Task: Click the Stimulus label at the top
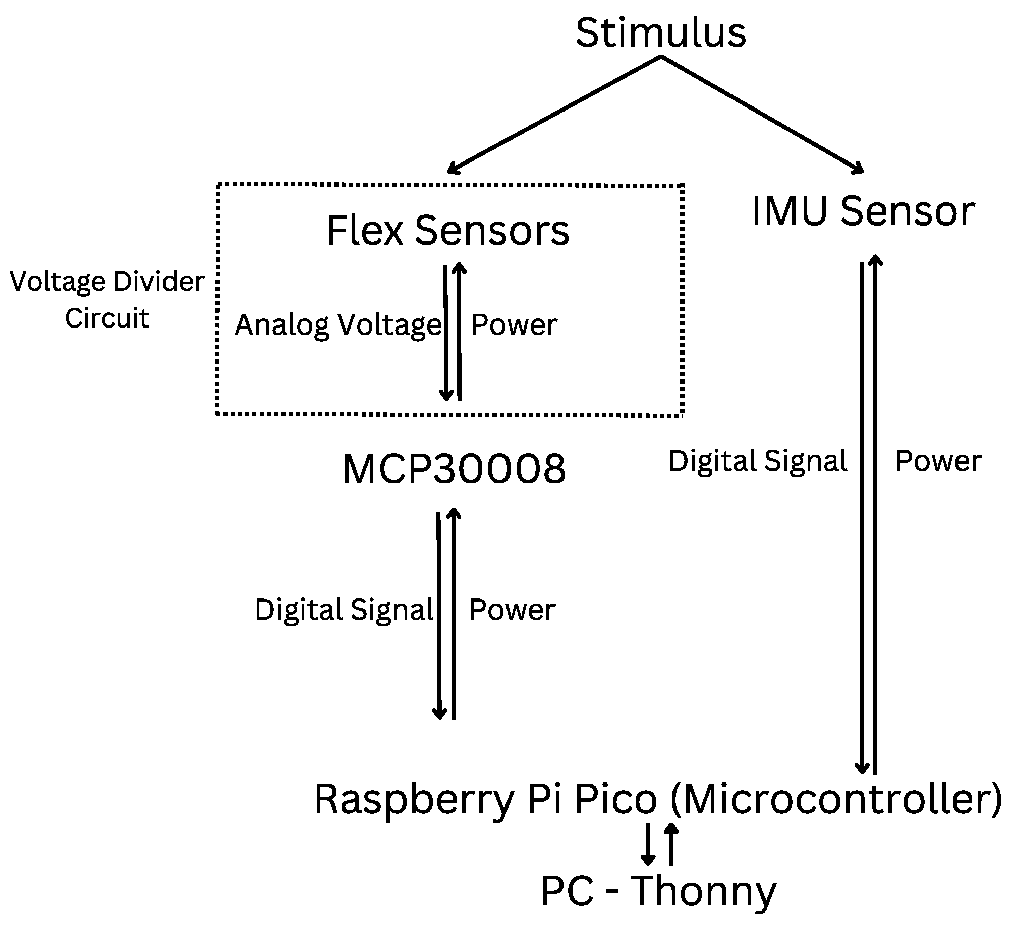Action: [x=661, y=33]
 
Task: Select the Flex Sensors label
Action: [x=448, y=230]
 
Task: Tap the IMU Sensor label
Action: [x=863, y=211]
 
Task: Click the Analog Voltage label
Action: [x=338, y=324]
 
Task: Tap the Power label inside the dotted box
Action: [x=514, y=324]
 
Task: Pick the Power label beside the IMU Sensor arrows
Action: [x=938, y=461]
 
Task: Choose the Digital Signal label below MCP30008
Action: [x=344, y=610]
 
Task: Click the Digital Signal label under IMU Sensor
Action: [x=758, y=461]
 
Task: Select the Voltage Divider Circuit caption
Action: [x=107, y=299]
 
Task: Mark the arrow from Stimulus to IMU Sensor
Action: [x=762, y=114]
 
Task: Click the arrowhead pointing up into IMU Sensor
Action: [x=875, y=259]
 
